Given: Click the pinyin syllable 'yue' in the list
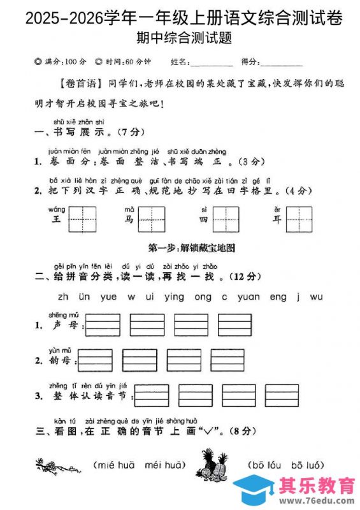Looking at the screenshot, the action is pos(109,296).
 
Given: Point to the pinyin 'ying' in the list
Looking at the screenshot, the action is pos(174,296).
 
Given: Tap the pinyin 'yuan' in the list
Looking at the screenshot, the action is pos(248,296).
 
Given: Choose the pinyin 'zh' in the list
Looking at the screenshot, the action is pos(63,296).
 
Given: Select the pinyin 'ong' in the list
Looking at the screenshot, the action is pos(203,296).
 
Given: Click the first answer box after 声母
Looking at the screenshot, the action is pos(103,324).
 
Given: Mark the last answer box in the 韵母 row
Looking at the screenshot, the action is pos(227,360).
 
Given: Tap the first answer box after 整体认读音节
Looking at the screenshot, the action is pos(152,395).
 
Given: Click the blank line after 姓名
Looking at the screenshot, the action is pos(212,62).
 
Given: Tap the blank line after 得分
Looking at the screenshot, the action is pos(281,62).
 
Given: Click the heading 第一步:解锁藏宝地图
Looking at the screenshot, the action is pos(180,247).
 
